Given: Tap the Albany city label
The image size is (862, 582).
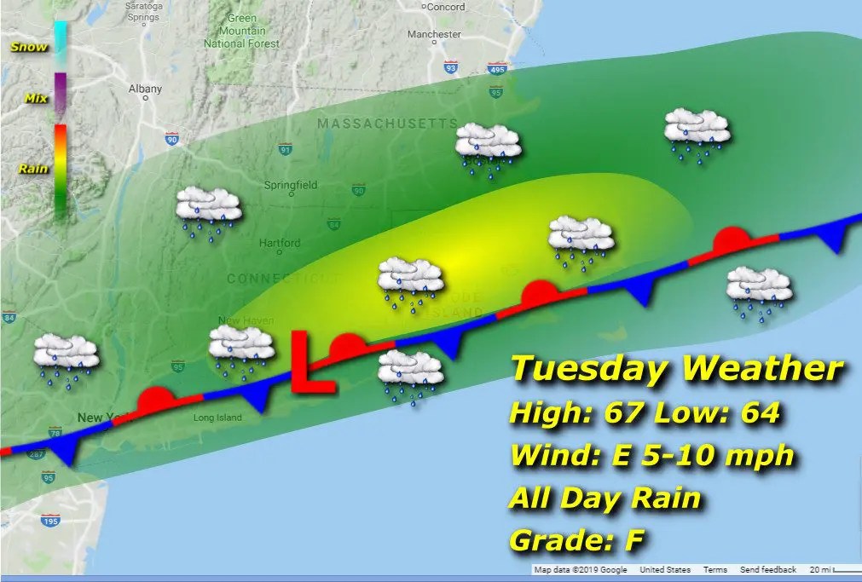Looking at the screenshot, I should point(144,88).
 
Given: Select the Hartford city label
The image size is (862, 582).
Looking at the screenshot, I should point(280,243).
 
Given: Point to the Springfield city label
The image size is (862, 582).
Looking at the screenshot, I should point(291,185).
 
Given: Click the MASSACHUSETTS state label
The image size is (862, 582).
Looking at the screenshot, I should point(387,124).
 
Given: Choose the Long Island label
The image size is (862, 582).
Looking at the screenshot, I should point(217,418).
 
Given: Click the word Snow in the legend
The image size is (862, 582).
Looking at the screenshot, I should point(28,47).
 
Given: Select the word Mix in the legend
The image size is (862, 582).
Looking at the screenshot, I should point(36,99).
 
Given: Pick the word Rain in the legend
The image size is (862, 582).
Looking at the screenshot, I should point(33,169).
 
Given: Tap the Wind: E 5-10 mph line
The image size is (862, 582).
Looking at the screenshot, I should point(651,455).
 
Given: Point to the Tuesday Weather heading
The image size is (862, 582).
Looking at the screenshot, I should point(676,370).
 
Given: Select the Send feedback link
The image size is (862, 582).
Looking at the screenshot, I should point(767,570).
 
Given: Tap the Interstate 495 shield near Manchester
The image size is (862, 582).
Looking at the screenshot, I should point(498,68).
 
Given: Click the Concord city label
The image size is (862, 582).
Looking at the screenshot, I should point(444,7).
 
